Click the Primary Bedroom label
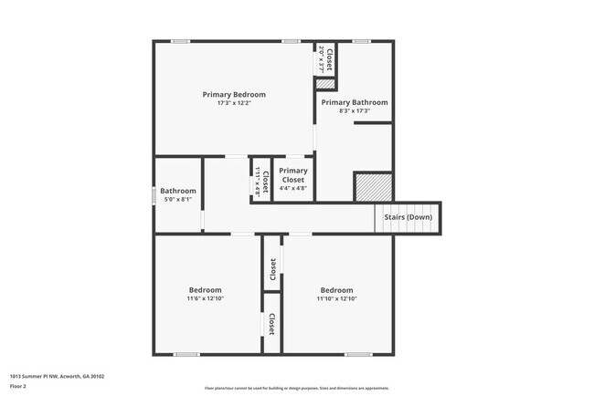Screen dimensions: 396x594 [234, 94]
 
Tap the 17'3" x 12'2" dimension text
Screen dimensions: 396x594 [234, 103]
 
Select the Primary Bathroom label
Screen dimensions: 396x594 [354, 102]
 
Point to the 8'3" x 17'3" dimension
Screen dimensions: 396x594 [354, 111]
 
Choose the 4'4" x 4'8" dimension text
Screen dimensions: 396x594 [293, 189]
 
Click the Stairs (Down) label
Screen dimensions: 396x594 [408, 216]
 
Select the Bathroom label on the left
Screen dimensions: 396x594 [178, 191]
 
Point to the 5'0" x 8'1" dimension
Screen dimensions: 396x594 [178, 199]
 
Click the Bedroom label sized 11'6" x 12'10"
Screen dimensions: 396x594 [205, 290]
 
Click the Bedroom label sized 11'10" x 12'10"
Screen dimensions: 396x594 [335, 290]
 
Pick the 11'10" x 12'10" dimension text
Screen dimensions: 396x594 [335, 298]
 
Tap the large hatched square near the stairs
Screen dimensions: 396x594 [373, 186]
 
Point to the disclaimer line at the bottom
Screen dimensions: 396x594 [296, 388]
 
